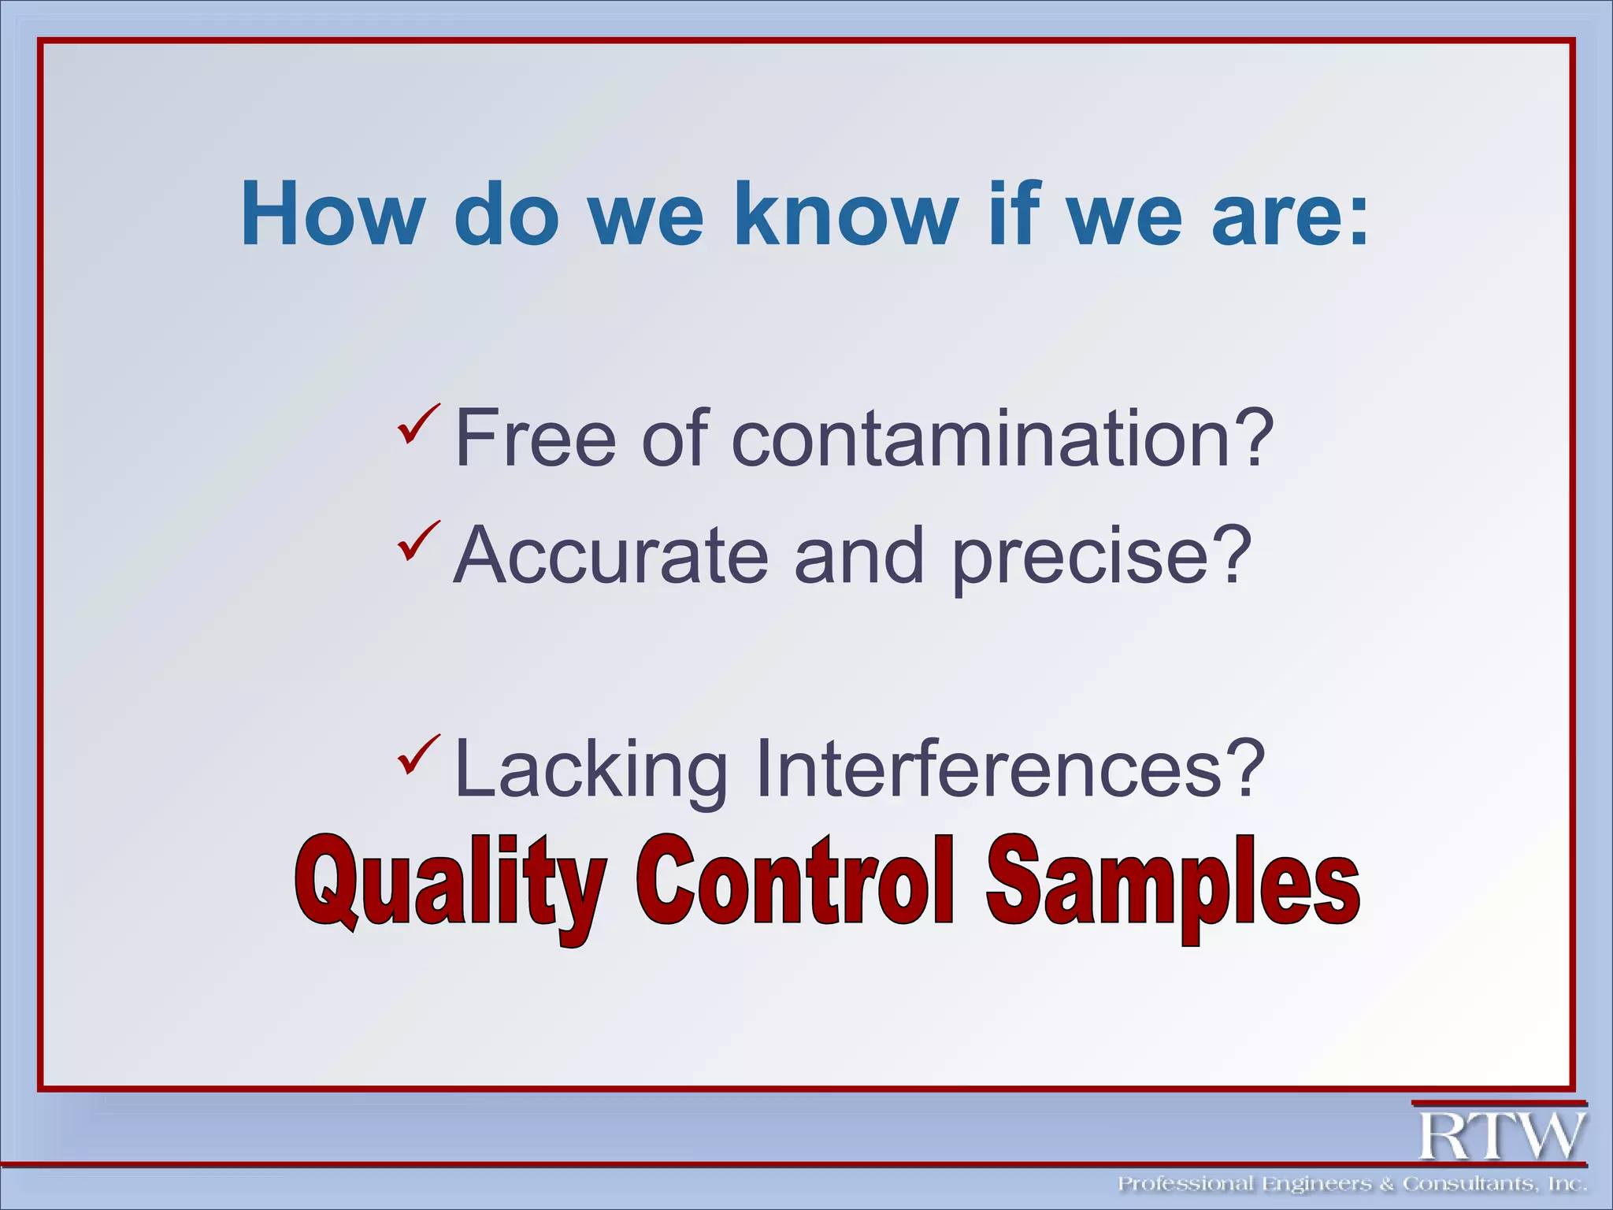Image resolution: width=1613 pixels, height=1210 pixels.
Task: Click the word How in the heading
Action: point(332,214)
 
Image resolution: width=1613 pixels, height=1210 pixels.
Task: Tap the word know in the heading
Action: point(845,214)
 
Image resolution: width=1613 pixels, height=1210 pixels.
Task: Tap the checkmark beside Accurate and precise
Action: point(417,541)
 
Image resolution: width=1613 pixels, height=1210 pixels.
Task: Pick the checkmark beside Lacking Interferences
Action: point(417,754)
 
